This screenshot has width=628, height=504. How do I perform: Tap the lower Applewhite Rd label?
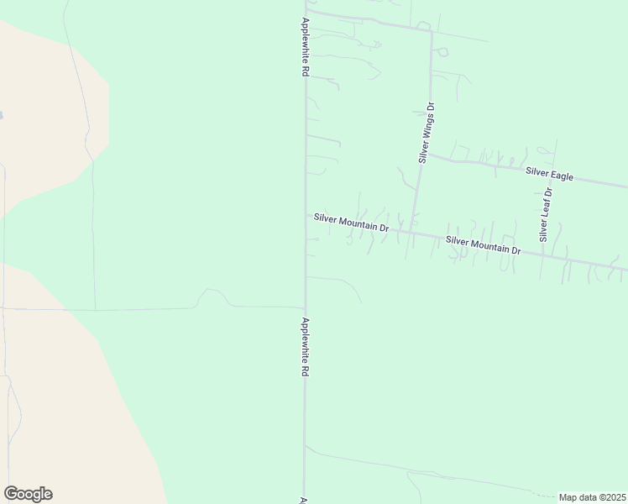point(305,346)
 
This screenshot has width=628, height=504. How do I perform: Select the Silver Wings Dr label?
point(427,133)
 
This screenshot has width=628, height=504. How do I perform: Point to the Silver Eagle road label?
point(549,175)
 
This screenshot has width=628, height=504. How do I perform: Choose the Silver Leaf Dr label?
point(546,215)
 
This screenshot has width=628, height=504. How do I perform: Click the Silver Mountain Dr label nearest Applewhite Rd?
point(351,222)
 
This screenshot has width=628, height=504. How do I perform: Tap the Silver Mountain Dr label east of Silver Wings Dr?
point(484,245)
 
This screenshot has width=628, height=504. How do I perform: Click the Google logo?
point(28,494)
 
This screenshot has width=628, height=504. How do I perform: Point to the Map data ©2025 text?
point(591,496)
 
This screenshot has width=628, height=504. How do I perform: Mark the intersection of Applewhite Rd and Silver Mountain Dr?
point(305,214)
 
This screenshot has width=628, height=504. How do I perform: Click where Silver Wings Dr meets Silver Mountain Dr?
point(412,233)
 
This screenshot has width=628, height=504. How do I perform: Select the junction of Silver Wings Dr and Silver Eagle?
point(425,155)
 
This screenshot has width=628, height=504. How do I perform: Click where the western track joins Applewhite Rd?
point(305,306)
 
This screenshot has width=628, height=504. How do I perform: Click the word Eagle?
point(563,176)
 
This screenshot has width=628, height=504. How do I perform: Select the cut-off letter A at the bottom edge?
point(301,500)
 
